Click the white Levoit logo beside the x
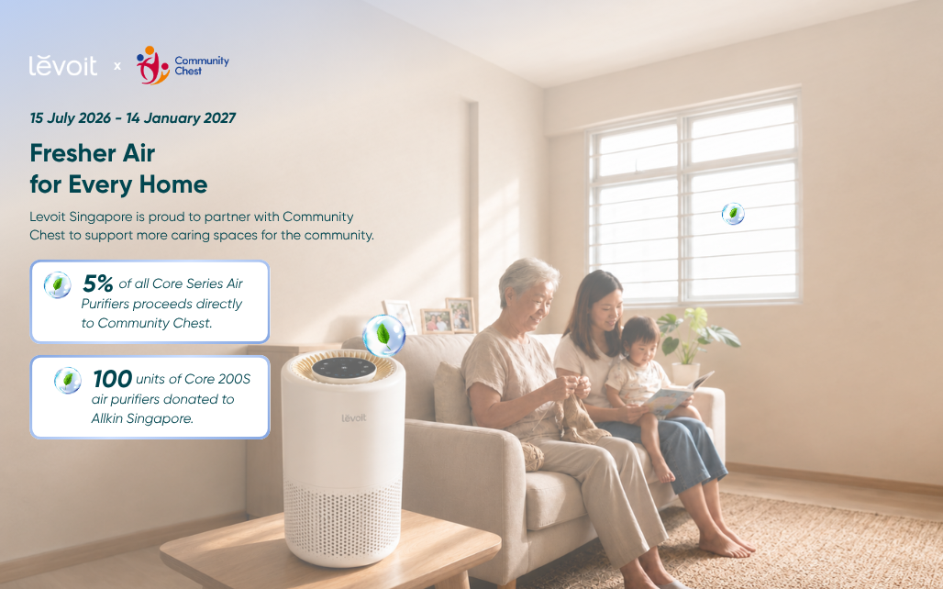62,65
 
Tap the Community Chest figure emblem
153,65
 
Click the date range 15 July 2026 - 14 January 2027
133,118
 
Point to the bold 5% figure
97,283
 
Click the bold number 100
113,379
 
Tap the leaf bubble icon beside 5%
58,284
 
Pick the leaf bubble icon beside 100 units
68,380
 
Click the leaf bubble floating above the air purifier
383,335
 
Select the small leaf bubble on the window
733,214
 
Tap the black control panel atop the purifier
344,370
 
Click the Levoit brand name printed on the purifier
354,417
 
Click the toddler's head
641,339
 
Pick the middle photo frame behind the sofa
436,321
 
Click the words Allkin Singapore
142,418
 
